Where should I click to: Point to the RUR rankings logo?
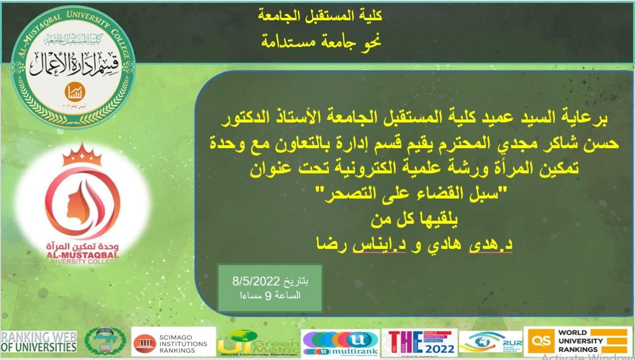[490, 342]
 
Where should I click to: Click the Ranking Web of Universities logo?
[39, 342]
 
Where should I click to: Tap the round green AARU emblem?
[105, 342]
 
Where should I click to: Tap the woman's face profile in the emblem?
[79, 201]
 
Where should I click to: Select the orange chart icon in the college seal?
[75, 92]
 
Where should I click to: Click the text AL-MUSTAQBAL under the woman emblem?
[82, 255]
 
